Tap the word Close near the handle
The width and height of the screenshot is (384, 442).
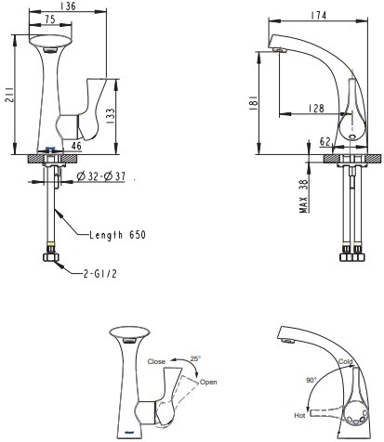(157, 360)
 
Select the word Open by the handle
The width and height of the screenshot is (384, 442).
(208, 382)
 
